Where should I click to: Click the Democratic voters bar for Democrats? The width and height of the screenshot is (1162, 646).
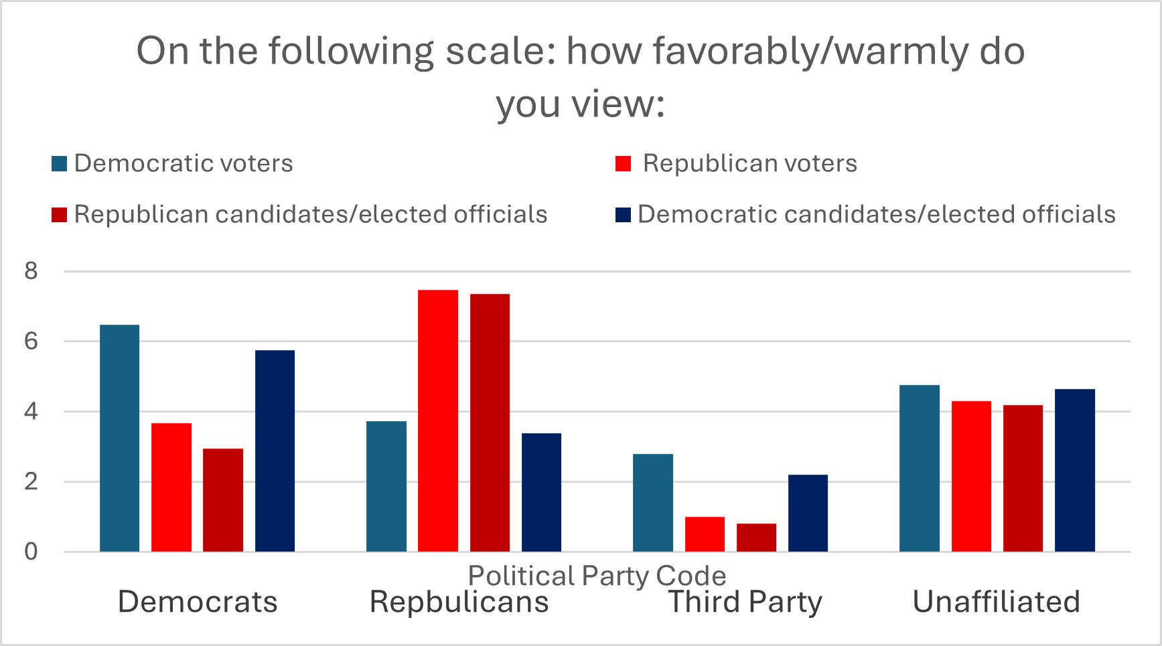120,438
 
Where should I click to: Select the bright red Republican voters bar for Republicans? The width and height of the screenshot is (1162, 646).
438,421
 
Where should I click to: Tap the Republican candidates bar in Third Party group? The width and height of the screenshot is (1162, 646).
756,538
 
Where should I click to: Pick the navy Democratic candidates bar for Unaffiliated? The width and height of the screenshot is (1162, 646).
1075,471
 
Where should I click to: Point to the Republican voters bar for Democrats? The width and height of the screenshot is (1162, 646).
171,487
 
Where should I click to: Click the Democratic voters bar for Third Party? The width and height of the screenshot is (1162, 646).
653,503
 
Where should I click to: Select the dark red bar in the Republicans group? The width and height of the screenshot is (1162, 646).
490,423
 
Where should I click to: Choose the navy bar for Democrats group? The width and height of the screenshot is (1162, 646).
275,451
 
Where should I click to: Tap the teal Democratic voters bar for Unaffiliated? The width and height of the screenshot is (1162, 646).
919,469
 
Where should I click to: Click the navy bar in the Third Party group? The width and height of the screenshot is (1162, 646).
808,513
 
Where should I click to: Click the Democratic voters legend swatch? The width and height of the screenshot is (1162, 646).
60,164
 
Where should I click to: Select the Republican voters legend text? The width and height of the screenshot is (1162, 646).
749,163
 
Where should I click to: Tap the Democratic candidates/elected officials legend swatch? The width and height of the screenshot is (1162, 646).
623,215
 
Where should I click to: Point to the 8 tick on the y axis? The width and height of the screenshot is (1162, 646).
31,271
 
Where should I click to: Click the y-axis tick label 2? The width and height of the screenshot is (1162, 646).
31,482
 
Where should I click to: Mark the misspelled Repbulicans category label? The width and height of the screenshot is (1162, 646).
459,601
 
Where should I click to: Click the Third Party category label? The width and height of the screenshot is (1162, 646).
745,601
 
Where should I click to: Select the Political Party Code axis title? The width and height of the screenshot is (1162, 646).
597,576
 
